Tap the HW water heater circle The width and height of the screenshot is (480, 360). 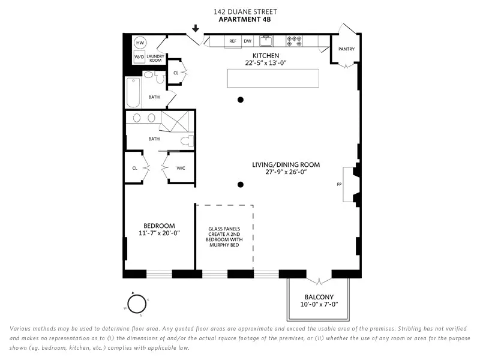140,43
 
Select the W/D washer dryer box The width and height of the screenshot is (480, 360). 139,57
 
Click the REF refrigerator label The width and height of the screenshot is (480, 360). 232,41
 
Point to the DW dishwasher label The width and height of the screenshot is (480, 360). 247,41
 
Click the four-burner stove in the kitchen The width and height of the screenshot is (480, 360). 294,41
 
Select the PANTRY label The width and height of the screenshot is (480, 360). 346,49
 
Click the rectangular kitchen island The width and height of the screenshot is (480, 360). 273,78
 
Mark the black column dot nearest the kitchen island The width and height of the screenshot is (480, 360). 240,100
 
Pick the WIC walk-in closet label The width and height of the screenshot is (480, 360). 181,168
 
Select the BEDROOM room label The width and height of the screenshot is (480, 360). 159,226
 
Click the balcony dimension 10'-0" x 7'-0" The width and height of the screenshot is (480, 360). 319,304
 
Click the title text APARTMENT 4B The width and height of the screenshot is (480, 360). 245,19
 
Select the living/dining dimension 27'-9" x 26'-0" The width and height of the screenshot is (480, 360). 286,172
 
